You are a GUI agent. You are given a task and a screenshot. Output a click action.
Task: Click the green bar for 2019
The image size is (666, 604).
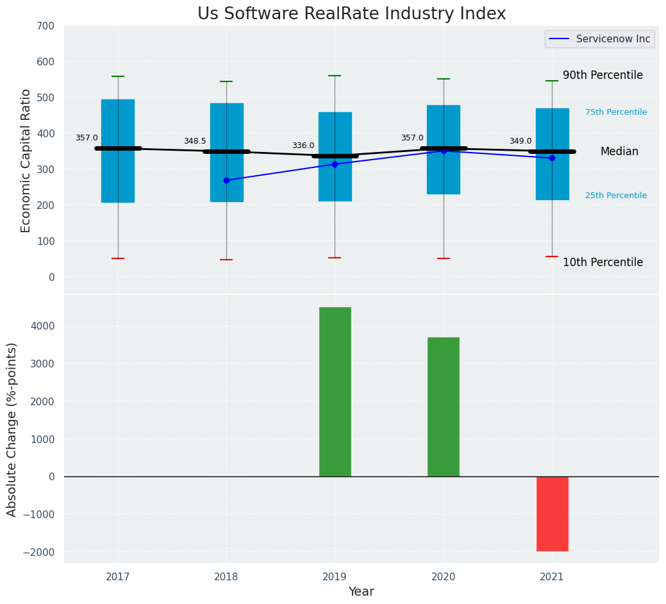coord(335,391)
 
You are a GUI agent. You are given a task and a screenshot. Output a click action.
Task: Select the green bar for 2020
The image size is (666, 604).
coord(444,407)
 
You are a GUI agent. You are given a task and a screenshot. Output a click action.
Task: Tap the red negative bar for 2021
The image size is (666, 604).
coord(552,514)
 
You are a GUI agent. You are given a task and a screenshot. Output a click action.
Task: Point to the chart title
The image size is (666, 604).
coord(351,14)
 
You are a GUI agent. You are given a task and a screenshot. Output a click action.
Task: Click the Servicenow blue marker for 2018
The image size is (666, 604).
coord(226,180)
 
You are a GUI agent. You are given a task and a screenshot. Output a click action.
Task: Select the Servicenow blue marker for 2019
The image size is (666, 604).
coord(335,164)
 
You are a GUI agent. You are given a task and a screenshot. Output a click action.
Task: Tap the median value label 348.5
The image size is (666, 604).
coord(195,141)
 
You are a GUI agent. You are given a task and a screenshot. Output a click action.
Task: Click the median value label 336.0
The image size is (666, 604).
coord(303,146)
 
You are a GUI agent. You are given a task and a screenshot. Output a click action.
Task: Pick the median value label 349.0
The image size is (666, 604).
coord(520,141)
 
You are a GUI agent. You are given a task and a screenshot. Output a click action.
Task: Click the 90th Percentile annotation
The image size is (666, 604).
coord(603,75)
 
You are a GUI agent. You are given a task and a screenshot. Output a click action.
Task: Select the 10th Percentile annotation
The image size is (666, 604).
coord(603,262)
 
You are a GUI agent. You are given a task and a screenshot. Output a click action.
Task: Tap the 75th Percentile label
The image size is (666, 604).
coord(616,112)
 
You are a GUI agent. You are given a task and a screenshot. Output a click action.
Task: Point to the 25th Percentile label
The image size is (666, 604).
coord(616,196)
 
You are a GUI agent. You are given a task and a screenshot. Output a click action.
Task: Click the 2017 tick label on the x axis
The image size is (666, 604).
coord(118,577)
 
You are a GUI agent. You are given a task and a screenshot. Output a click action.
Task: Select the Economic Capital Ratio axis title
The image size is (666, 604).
coord(26,160)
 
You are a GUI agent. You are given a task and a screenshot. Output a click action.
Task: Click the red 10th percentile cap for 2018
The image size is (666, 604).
coord(226,260)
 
